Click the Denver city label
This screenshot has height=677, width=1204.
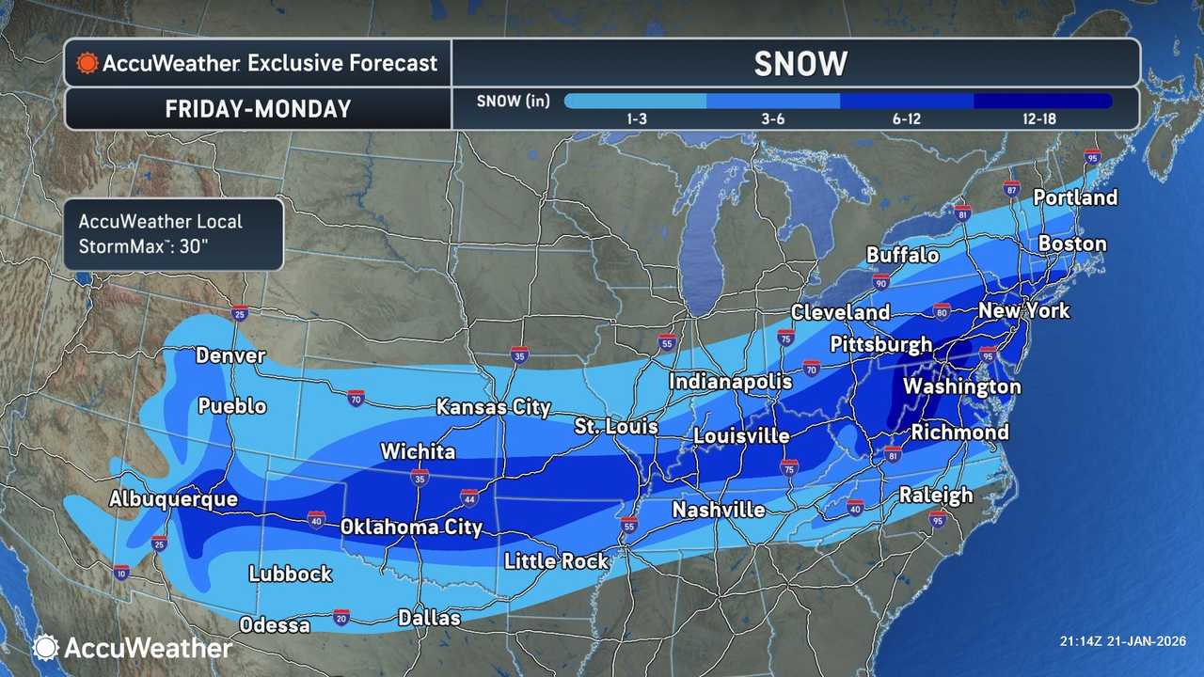[230, 356]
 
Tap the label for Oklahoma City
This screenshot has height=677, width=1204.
[411, 527]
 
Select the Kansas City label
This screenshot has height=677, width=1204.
[493, 408]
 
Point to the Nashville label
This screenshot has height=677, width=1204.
[718, 510]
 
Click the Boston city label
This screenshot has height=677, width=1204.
[1072, 244]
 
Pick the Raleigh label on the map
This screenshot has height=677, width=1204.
[935, 495]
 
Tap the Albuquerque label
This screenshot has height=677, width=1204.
[173, 499]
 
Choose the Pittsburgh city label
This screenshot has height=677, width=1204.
[880, 345]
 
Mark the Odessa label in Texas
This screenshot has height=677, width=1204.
[275, 625]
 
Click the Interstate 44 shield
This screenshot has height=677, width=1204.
[469, 496]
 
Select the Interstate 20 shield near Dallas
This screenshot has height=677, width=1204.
[341, 618]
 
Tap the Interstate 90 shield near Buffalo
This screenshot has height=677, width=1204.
[880, 281]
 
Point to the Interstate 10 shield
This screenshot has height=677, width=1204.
[121, 572]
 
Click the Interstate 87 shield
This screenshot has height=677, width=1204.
[1011, 188]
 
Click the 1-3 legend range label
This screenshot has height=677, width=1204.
[635, 119]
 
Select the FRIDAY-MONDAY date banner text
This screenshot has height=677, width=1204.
[258, 109]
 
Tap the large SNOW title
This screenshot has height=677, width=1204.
[800, 64]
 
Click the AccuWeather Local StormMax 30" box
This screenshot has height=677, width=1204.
[173, 234]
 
